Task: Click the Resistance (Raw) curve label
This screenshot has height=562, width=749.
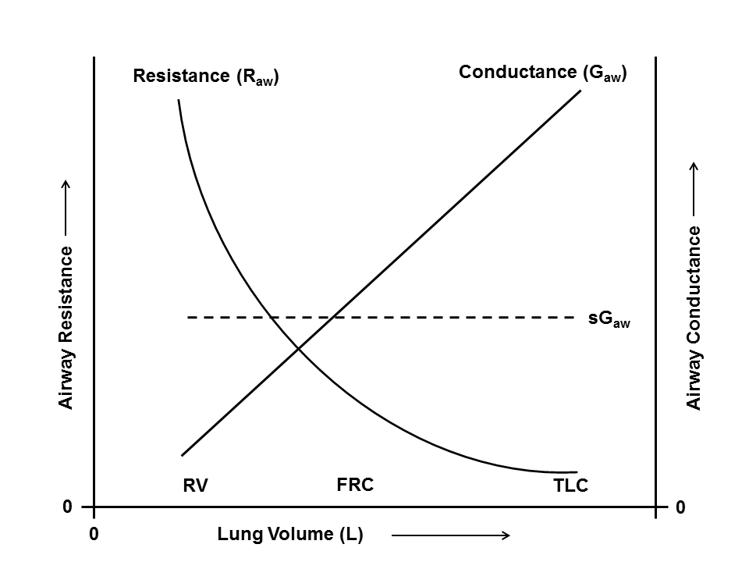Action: click(x=206, y=77)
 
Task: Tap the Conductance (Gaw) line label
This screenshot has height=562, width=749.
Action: click(x=543, y=73)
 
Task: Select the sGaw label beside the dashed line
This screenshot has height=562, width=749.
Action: click(x=609, y=320)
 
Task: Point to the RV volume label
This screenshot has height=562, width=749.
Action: click(x=195, y=486)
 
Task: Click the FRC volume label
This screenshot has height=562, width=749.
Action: click(x=355, y=485)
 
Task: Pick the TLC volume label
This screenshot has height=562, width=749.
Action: click(x=570, y=486)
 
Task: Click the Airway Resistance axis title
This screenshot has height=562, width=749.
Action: click(x=67, y=328)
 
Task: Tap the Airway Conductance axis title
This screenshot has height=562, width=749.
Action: click(x=694, y=318)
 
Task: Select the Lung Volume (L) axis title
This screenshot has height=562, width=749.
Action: click(x=290, y=535)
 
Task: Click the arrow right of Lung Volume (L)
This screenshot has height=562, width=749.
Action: click(x=450, y=535)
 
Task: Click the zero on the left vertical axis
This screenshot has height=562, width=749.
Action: click(x=68, y=507)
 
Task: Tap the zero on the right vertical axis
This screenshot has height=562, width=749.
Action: click(x=680, y=507)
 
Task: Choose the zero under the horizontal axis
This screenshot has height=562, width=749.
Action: click(x=94, y=535)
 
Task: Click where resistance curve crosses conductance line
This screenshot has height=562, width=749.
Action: click(x=299, y=347)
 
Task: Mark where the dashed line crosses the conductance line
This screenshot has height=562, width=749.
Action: click(x=332, y=318)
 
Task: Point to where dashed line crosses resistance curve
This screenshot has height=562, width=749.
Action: click(x=271, y=318)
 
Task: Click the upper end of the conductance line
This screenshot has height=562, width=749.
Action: click(x=581, y=91)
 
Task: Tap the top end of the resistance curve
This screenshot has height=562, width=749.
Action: click(x=179, y=100)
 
